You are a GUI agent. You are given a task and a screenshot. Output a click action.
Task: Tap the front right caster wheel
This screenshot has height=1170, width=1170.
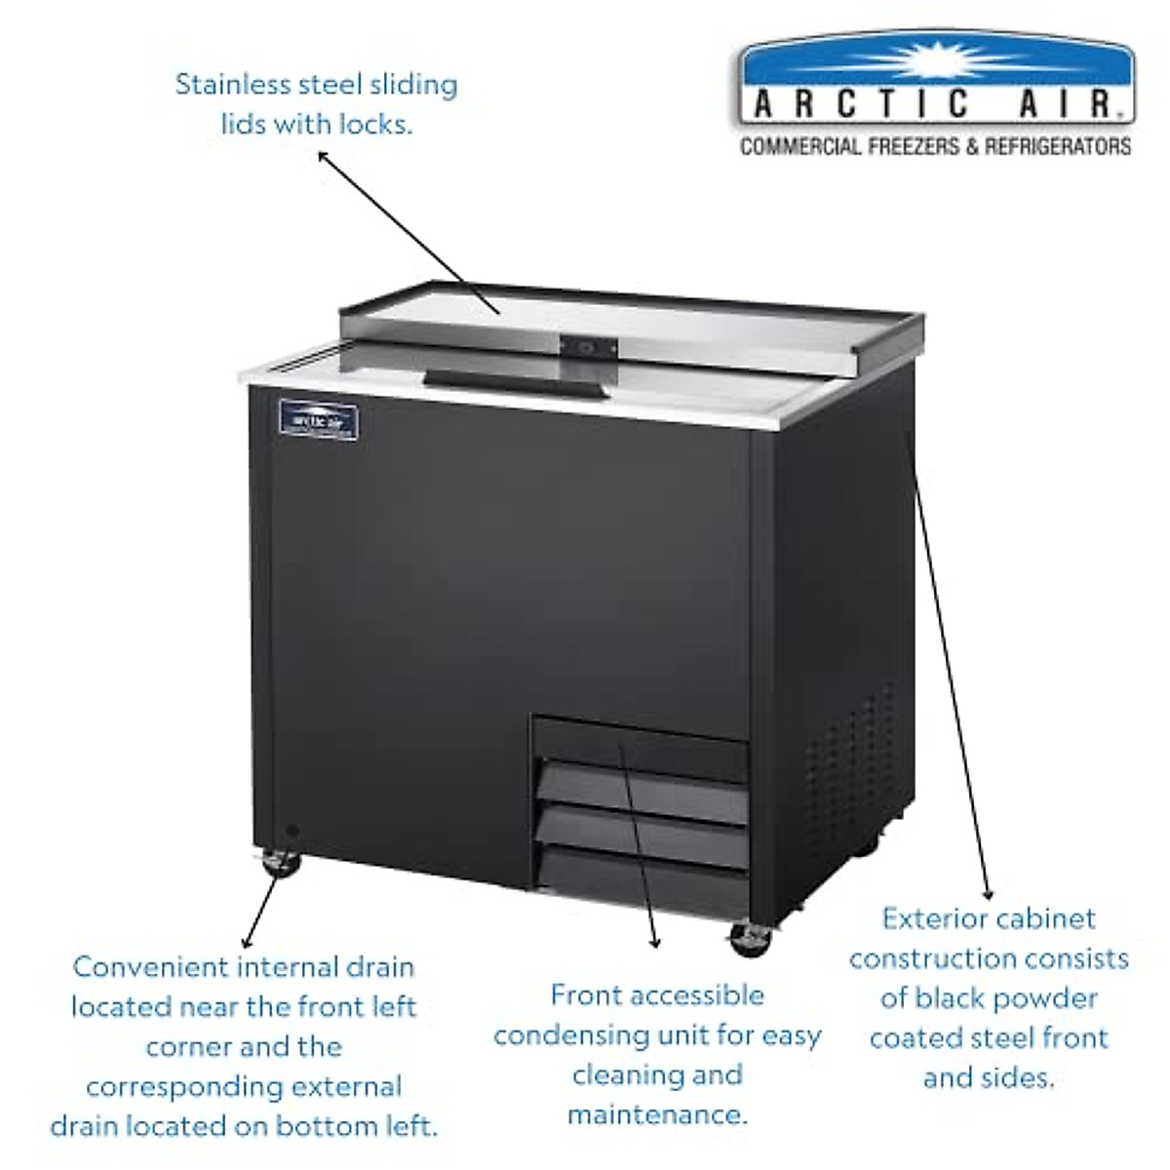(x=749, y=937)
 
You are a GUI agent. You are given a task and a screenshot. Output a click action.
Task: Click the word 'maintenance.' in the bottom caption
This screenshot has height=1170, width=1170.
(x=657, y=1113)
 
